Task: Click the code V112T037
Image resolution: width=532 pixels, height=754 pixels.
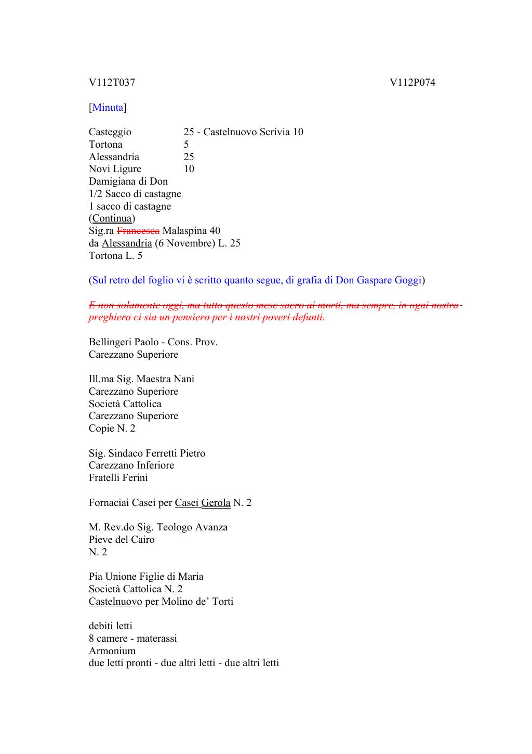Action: [112, 83]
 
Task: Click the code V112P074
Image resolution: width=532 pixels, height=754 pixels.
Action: [413, 83]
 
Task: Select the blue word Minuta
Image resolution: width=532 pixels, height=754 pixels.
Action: [108, 108]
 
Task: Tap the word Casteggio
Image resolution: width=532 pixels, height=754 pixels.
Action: [110, 132]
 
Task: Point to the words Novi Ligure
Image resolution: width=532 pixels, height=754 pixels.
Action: [115, 169]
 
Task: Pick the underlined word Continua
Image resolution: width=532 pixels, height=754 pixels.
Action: [112, 218]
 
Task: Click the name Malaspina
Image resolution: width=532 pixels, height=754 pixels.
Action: [184, 231]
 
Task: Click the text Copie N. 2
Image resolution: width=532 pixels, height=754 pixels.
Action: [112, 428]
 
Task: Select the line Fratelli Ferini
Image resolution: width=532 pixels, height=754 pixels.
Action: [118, 478]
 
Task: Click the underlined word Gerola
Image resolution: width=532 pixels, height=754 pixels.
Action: [216, 503]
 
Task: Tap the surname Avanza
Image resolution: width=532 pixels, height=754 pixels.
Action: [211, 527]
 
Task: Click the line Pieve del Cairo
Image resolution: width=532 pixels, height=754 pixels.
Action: [122, 540]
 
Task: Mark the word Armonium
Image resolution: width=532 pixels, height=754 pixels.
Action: [112, 651]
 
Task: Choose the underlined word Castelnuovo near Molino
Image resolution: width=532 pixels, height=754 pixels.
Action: [115, 602]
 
